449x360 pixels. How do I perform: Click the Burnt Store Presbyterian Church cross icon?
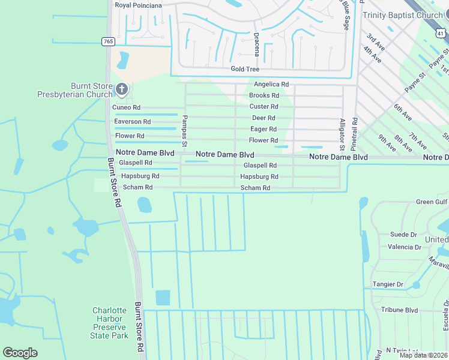click(x=122, y=90)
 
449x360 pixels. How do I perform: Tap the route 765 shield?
click(x=108, y=41)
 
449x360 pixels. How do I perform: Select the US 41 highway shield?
click(x=441, y=34)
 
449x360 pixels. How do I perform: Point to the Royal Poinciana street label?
click(x=139, y=6)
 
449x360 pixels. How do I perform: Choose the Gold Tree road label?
click(x=245, y=69)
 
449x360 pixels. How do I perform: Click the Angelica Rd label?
click(x=271, y=85)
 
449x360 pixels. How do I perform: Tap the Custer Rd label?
click(x=264, y=106)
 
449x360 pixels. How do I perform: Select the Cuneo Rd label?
click(x=127, y=107)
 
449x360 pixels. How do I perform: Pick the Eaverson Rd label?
click(x=128, y=121)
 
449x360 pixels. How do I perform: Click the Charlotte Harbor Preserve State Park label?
click(x=110, y=323)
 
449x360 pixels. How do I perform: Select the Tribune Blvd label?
click(x=399, y=310)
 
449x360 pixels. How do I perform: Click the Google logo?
click(x=20, y=353)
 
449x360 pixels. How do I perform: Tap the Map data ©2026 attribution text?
click(x=423, y=355)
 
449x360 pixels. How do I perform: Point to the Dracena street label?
click(x=256, y=44)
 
